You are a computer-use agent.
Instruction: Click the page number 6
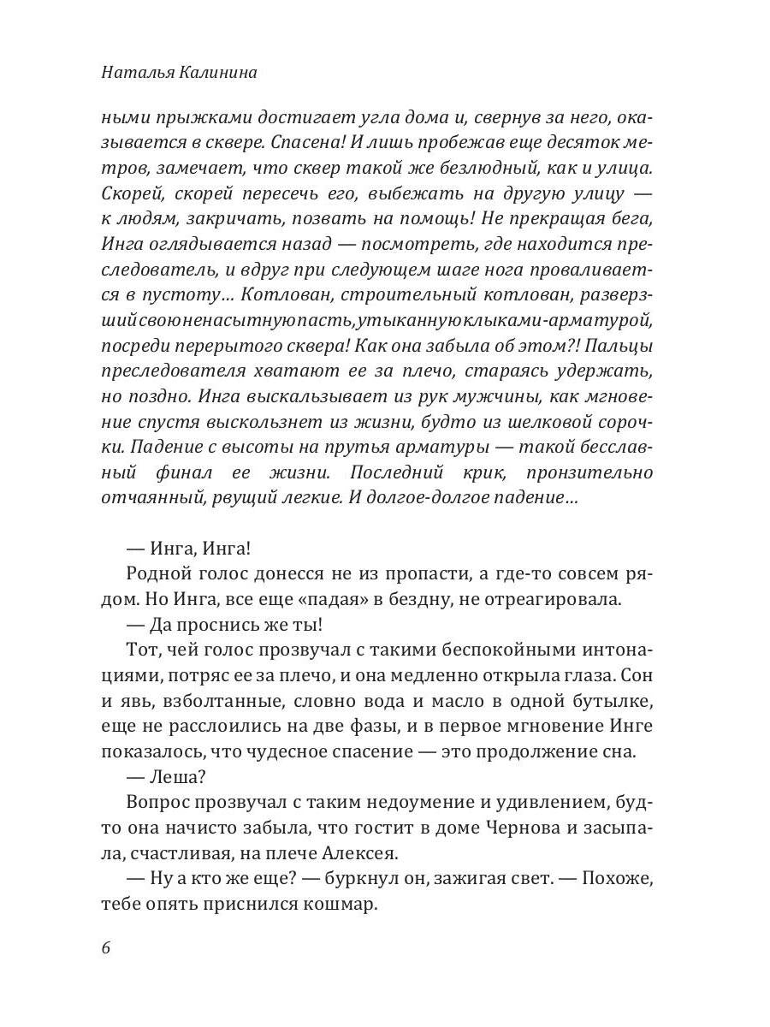pyautogui.click(x=106, y=949)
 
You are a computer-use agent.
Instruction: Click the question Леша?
pyautogui.click(x=175, y=777)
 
